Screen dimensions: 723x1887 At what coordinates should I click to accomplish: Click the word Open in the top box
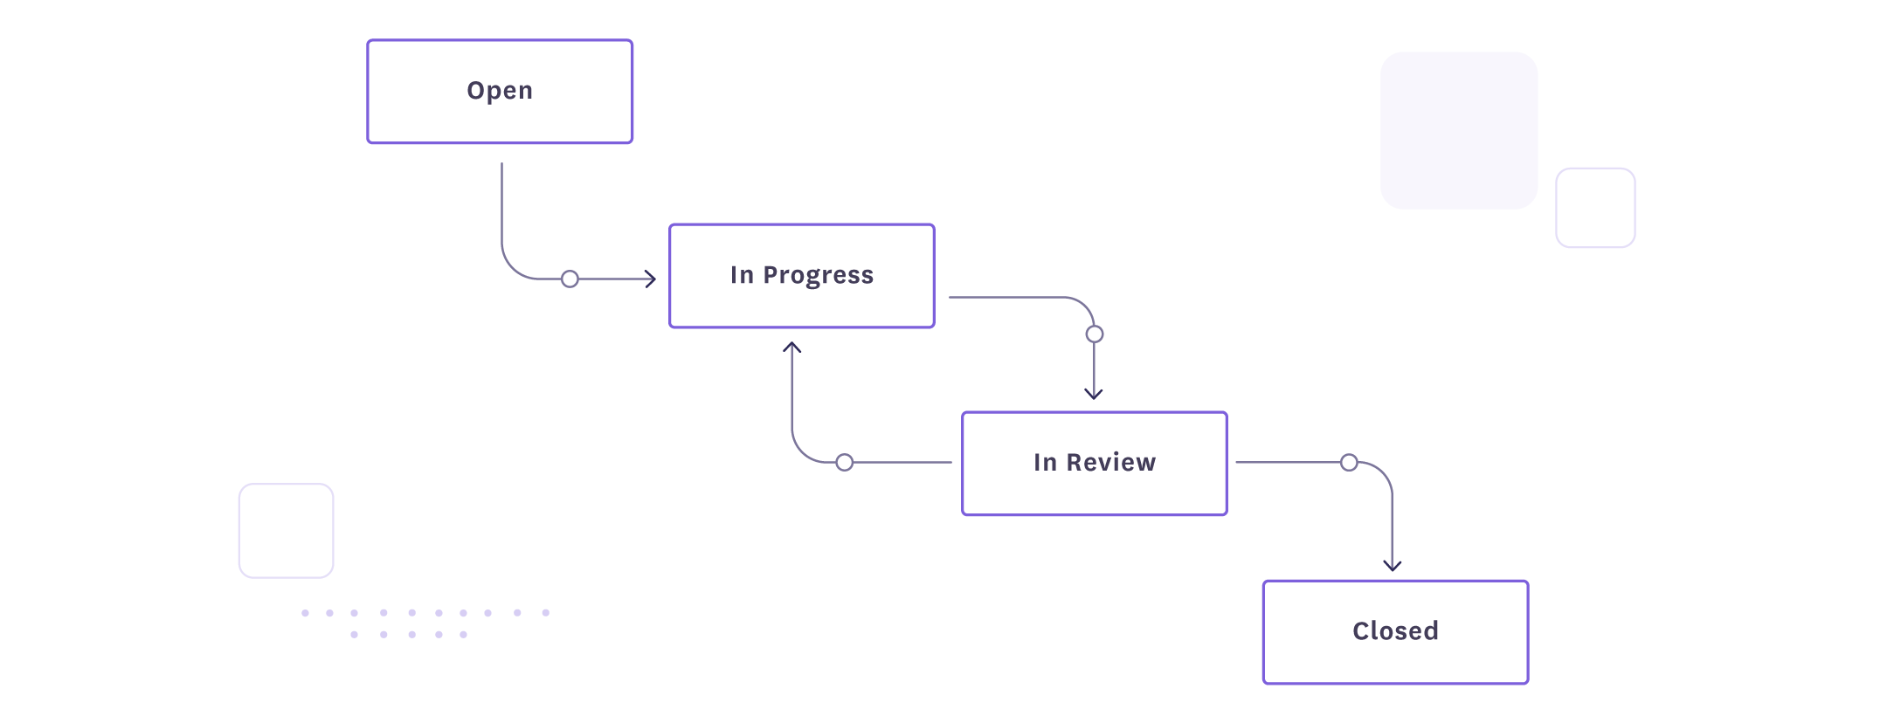click(500, 91)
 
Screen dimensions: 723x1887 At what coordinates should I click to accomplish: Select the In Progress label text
click(801, 275)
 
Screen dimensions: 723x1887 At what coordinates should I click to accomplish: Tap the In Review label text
click(1094, 462)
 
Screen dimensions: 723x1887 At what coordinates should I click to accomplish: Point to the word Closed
click(1395, 630)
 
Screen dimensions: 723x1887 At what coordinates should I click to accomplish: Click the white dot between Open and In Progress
click(570, 279)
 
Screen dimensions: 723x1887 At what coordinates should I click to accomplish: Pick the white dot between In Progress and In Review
click(1095, 334)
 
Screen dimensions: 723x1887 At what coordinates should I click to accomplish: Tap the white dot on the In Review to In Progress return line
click(844, 462)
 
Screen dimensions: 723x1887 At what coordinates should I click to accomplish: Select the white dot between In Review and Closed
click(1349, 462)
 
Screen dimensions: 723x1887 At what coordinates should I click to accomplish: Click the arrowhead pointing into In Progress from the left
click(651, 279)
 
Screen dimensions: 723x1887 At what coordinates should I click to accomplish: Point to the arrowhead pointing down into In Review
click(1094, 394)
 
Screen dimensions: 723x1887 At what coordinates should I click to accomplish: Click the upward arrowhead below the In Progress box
click(792, 348)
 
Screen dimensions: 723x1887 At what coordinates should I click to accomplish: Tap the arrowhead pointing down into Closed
click(1393, 566)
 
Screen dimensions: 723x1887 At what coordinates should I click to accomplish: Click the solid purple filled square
click(1459, 130)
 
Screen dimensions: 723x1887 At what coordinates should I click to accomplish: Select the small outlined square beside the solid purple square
click(1595, 208)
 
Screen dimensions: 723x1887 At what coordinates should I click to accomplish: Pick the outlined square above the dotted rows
click(287, 531)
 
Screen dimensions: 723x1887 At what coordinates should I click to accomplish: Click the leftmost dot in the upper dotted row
click(305, 613)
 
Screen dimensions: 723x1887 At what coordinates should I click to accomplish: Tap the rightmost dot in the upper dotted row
click(546, 613)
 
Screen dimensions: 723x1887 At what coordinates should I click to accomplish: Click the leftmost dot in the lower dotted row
click(354, 635)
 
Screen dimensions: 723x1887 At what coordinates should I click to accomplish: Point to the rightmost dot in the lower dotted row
click(463, 635)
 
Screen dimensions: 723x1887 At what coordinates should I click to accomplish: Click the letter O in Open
click(474, 91)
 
